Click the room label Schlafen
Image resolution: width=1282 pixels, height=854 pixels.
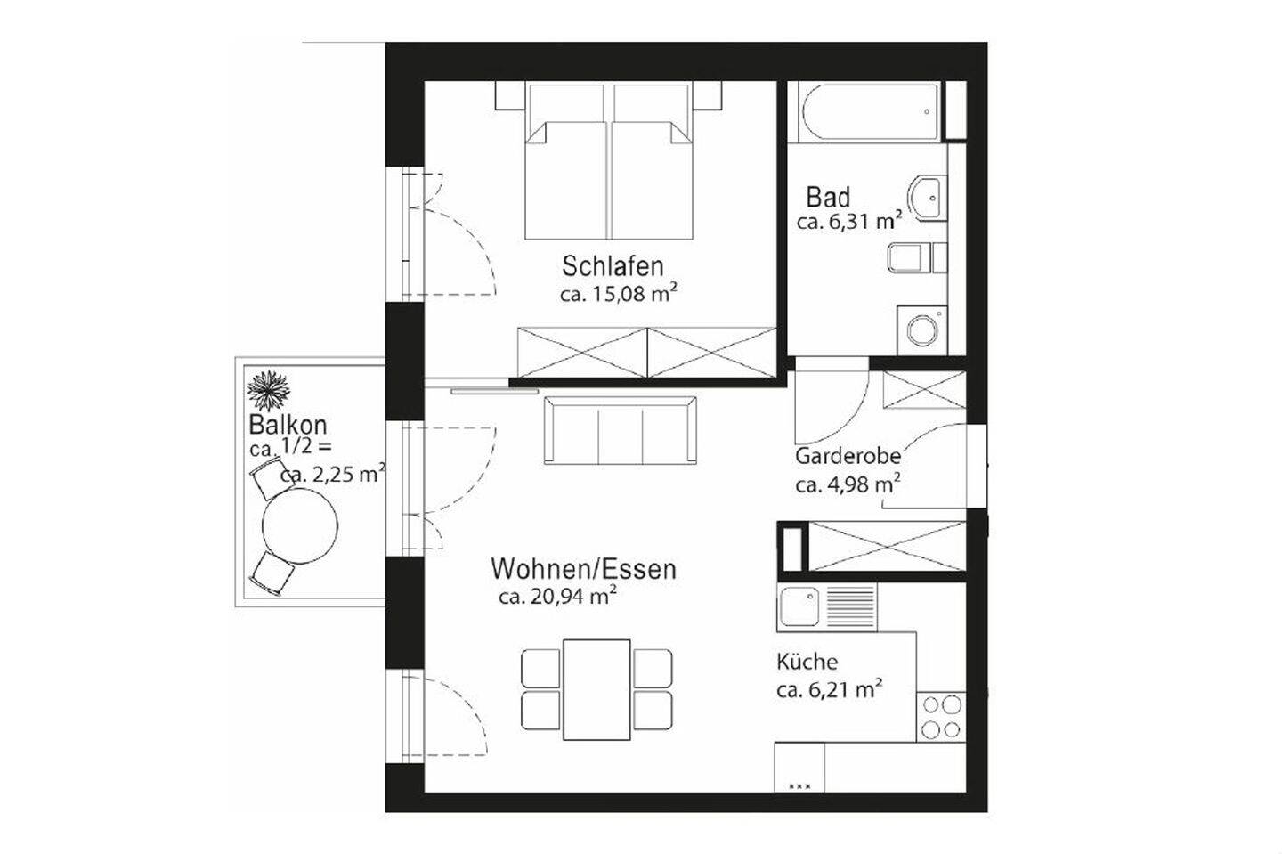tap(613, 265)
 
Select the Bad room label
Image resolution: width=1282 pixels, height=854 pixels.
tap(828, 197)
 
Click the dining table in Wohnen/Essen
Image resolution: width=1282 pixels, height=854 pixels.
tap(596, 688)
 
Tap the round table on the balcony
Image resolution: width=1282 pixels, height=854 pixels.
tap(299, 527)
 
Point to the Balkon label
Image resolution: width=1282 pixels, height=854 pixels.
tap(288, 425)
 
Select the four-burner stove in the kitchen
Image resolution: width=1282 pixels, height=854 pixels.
tap(941, 716)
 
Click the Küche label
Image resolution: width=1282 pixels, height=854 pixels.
tap(807, 662)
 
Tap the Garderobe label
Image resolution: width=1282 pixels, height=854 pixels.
tap(848, 456)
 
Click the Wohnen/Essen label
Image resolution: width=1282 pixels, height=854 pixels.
tap(583, 568)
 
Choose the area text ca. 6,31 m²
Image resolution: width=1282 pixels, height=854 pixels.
tap(849, 222)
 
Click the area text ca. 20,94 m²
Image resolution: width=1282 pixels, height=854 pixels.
tap(558, 597)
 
